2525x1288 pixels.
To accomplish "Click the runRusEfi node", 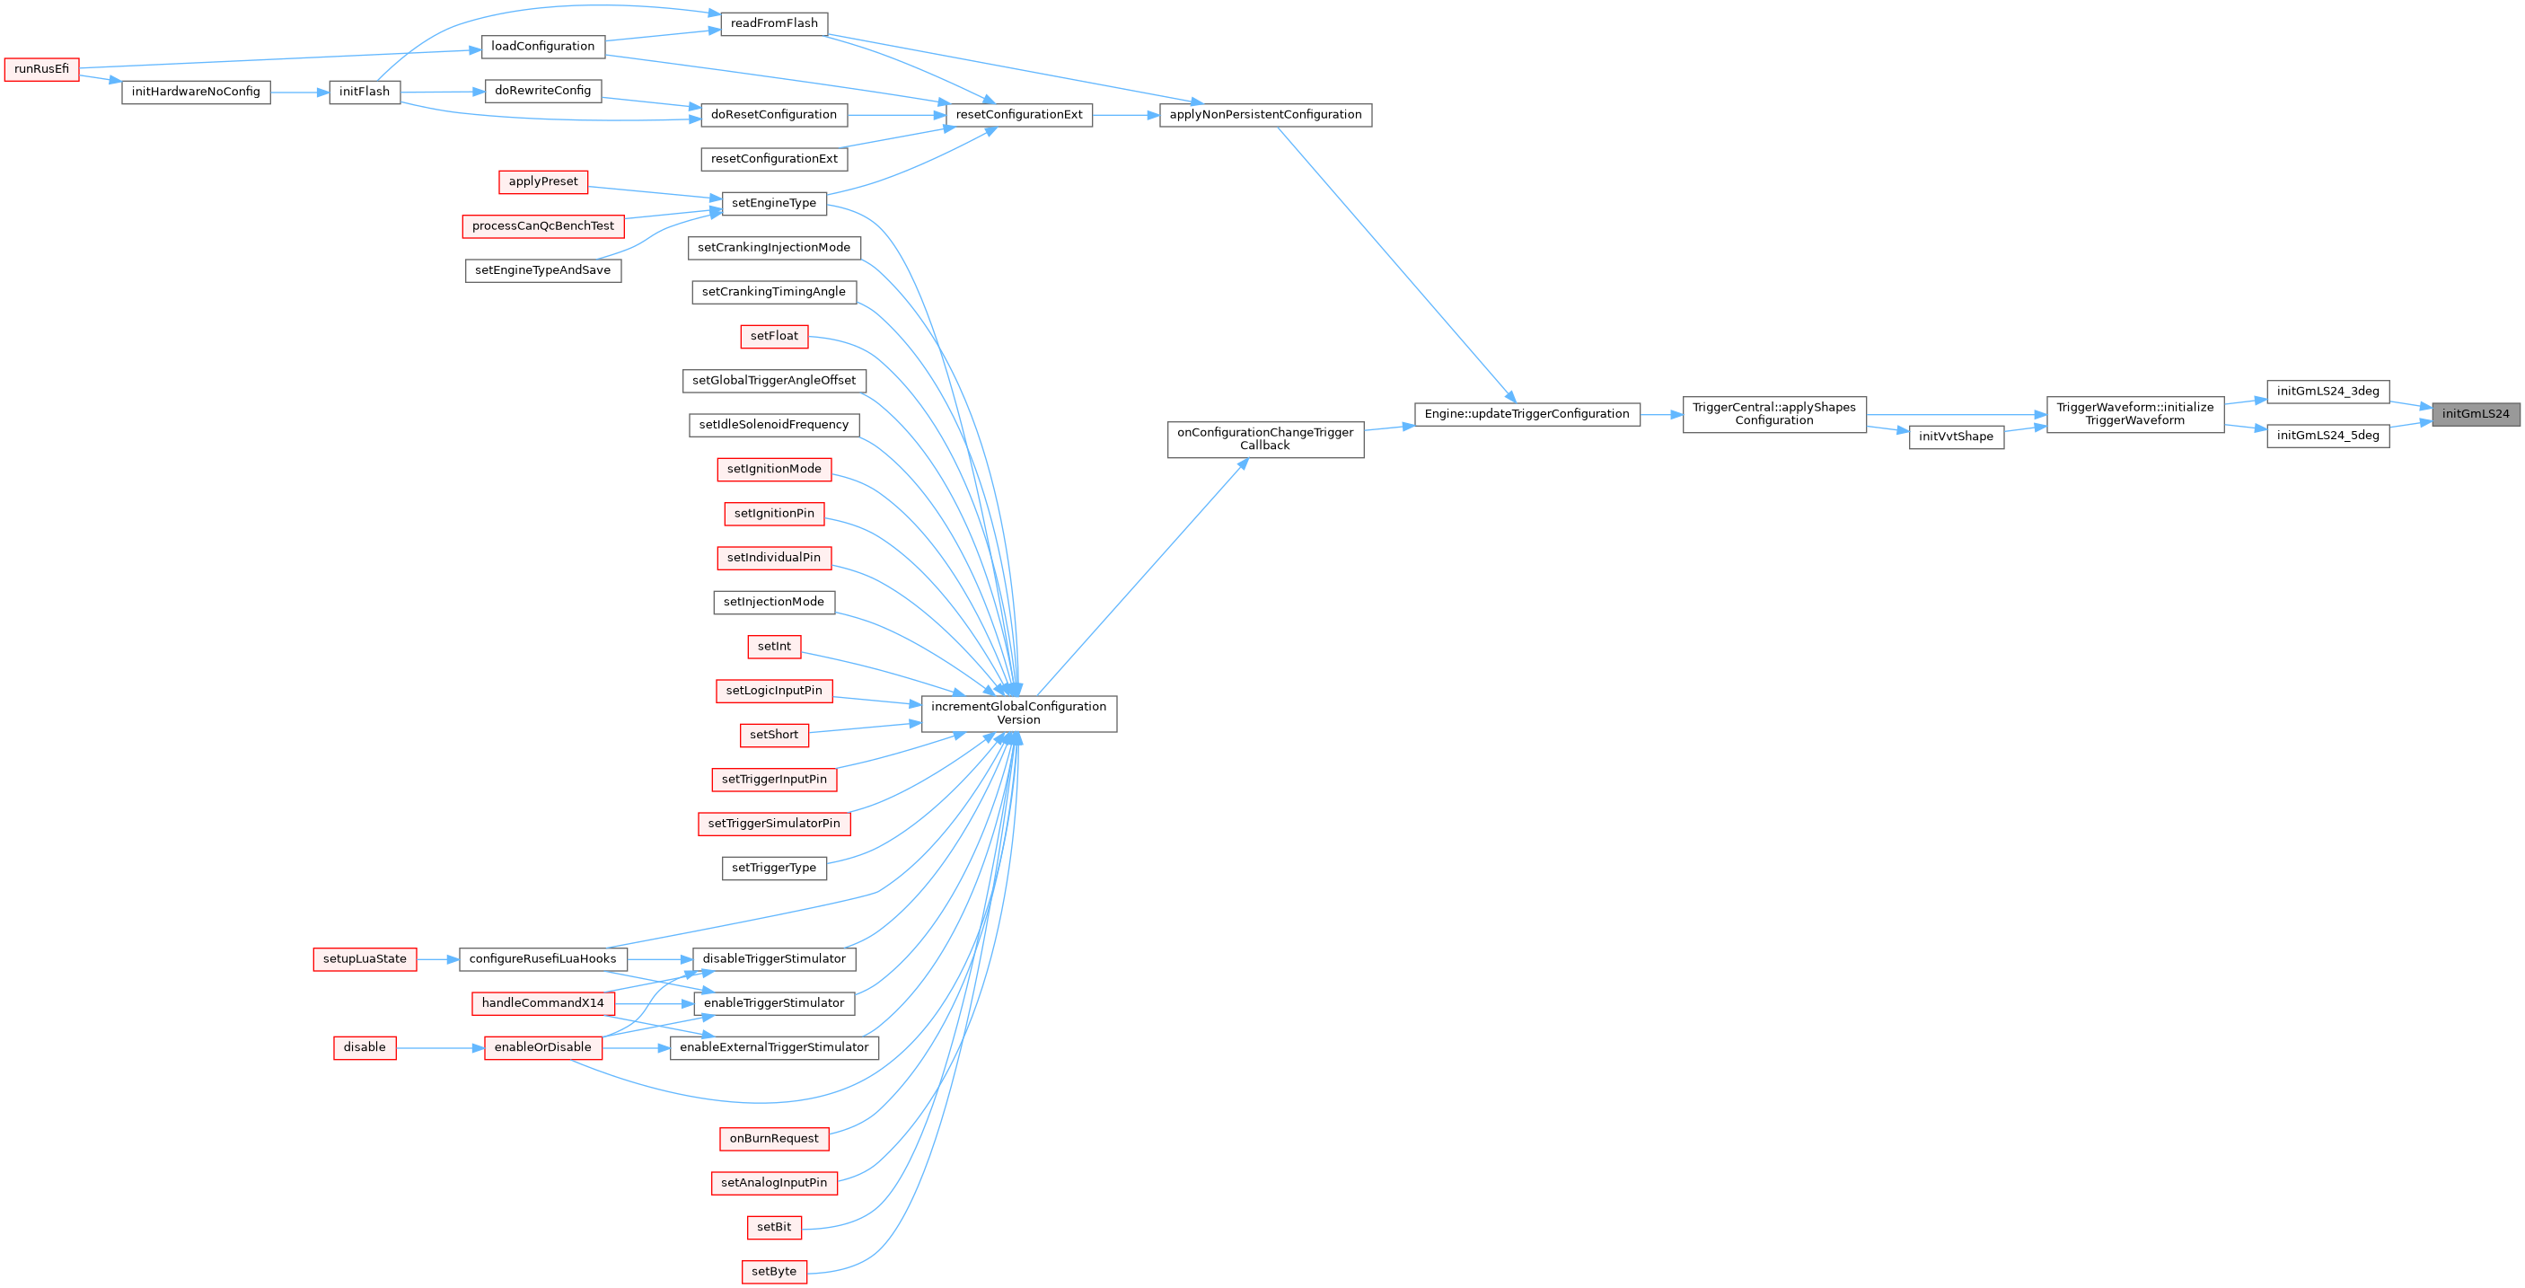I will click(41, 69).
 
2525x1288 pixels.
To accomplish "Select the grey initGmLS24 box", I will click(2475, 414).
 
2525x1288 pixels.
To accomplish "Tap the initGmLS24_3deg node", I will click(2328, 391).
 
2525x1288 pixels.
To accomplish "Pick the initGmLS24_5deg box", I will click(2328, 437).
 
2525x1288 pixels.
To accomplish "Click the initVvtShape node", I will click(1956, 437).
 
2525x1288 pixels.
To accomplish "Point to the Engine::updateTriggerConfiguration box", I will click(1526, 414).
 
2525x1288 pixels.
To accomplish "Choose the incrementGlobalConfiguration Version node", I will click(1018, 713).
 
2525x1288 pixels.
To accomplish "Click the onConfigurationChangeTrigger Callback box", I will click(1264, 439).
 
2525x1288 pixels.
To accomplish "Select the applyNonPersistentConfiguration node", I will click(1265, 115).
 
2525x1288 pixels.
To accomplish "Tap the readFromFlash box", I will click(774, 23).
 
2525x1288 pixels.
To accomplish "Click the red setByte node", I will click(774, 1271).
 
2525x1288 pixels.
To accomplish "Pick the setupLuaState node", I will click(365, 958).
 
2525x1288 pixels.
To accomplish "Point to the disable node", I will click(365, 1047).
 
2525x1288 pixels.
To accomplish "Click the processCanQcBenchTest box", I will click(543, 226).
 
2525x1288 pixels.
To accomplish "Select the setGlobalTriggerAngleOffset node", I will click(774, 380).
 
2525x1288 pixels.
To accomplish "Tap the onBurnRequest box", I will click(774, 1138).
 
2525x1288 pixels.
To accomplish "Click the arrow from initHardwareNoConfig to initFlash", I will click(299, 93).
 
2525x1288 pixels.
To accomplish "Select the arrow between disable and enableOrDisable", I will click(440, 1047).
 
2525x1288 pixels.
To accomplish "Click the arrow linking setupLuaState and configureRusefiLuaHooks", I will click(437, 958).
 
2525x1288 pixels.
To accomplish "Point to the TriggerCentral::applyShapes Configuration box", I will click(1774, 414).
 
